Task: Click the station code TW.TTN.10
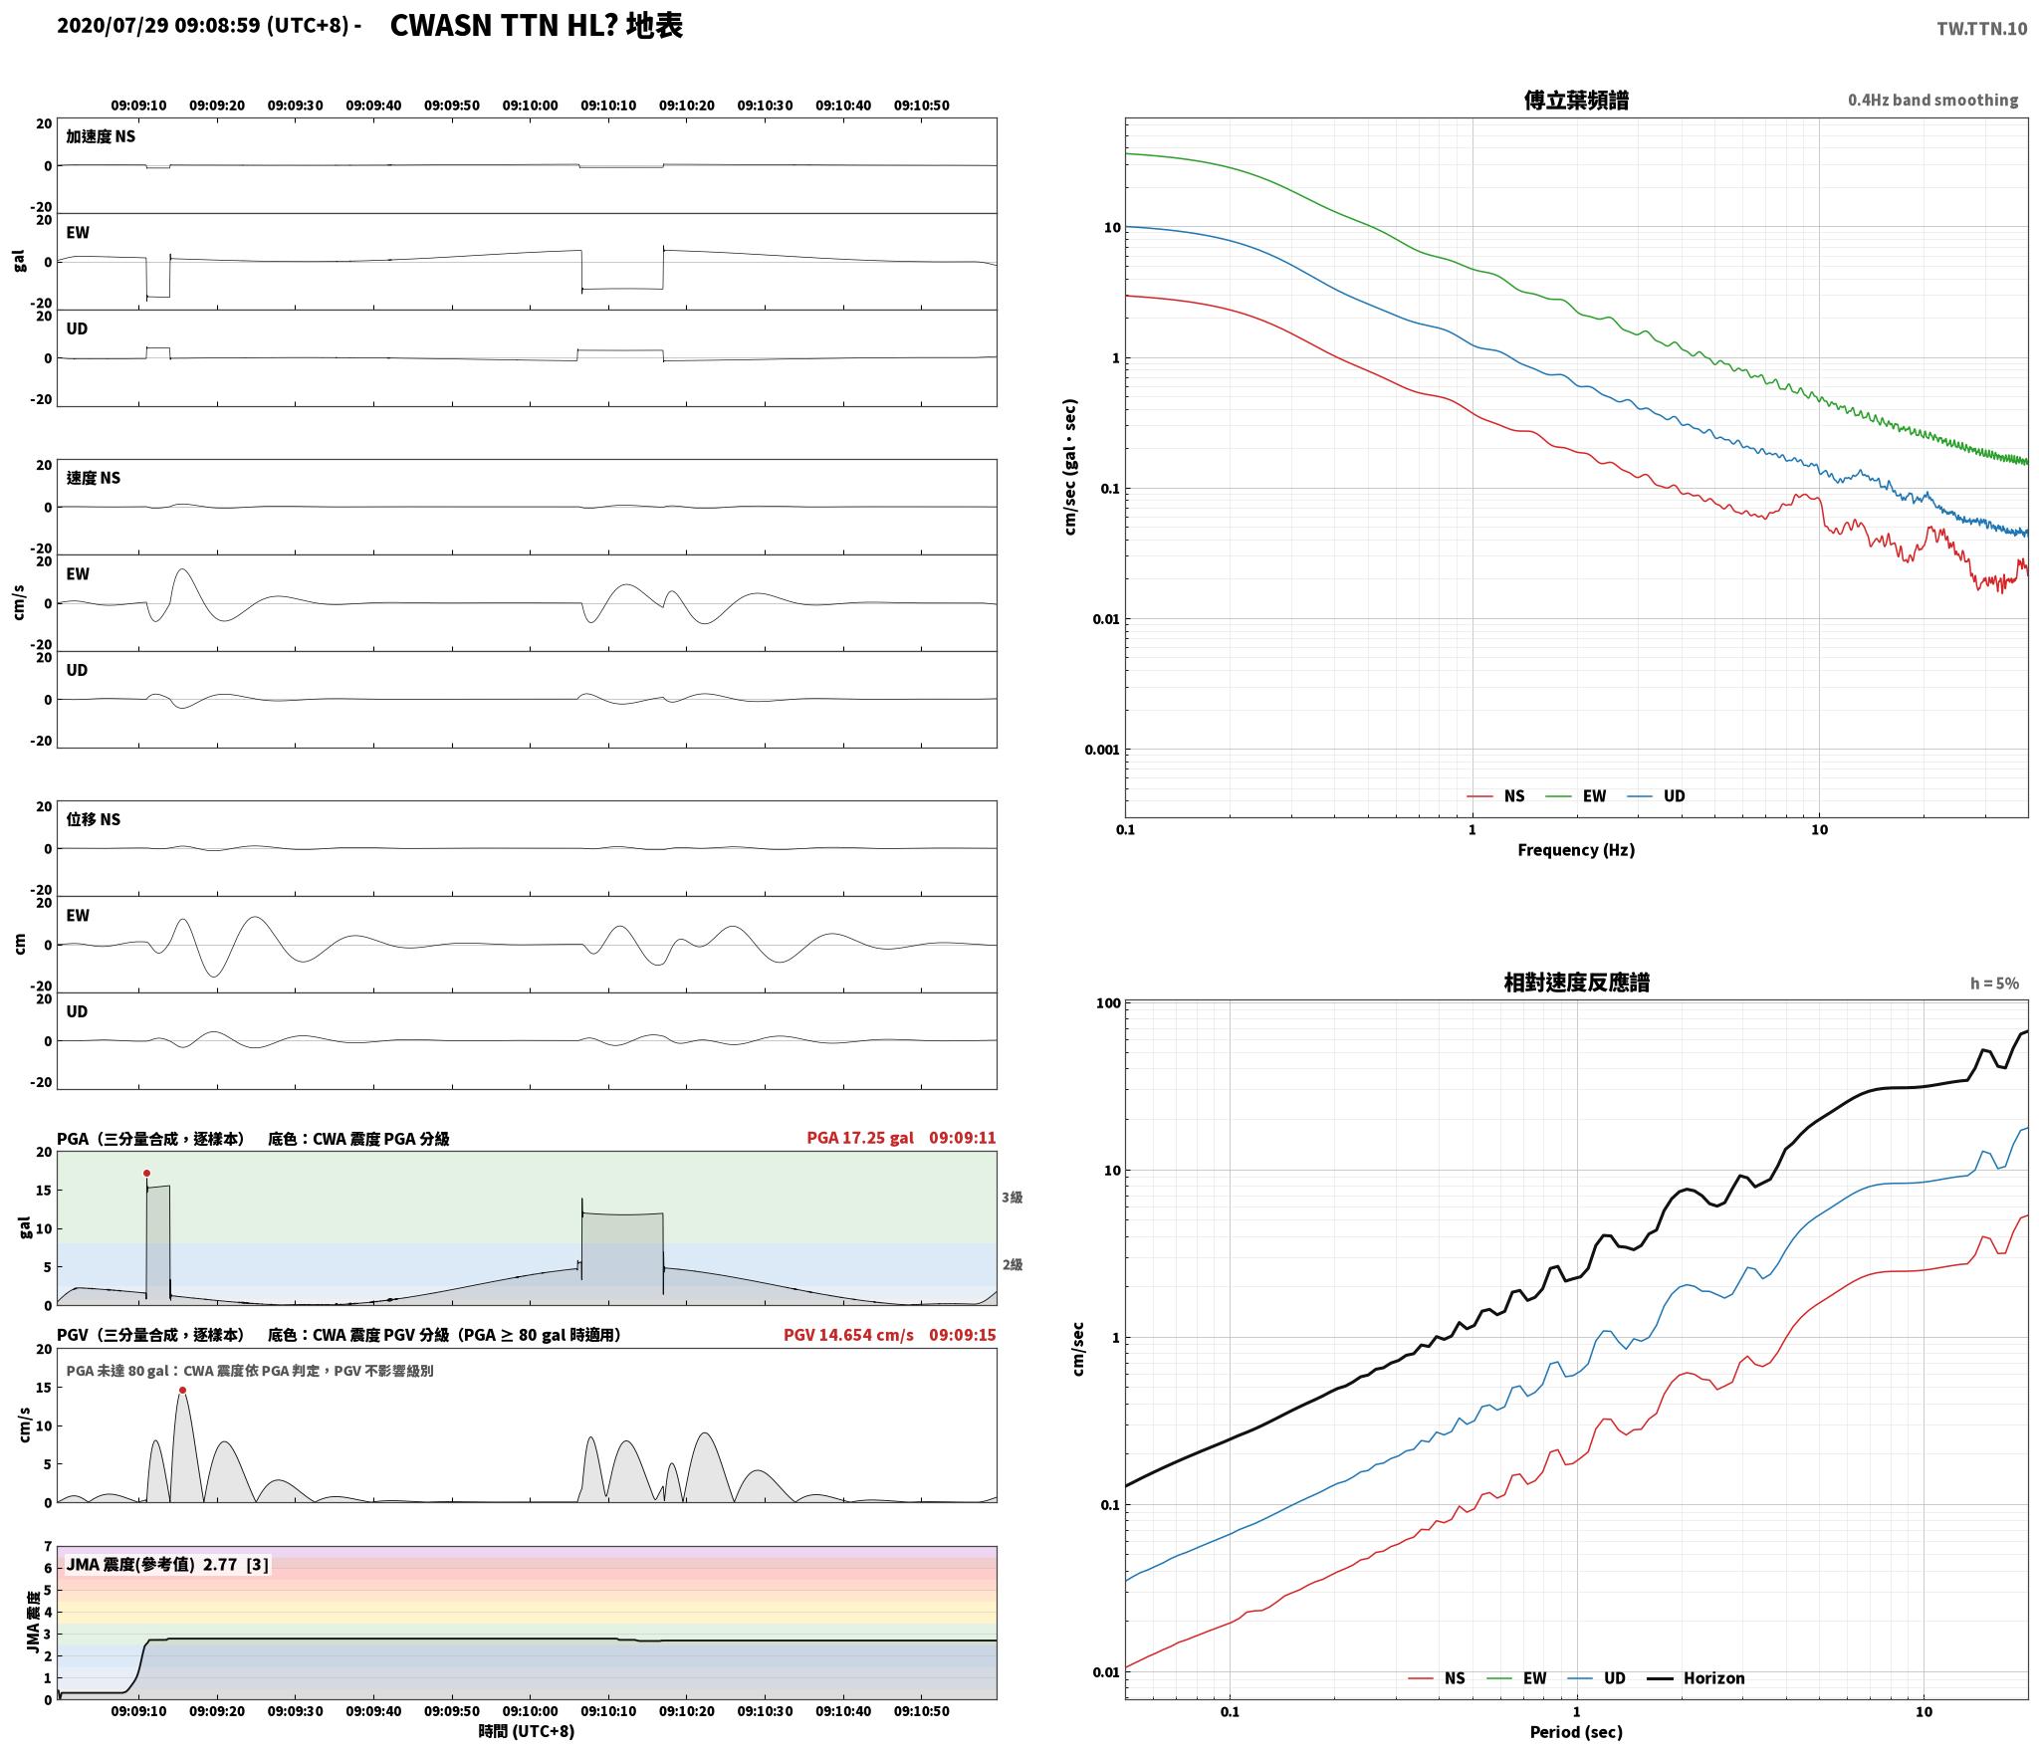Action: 1981,29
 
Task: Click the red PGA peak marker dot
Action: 146,1173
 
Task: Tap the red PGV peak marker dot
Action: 182,1390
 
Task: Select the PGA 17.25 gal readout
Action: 860,1138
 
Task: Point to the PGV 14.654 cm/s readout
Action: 848,1335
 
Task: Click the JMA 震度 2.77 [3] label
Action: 167,1564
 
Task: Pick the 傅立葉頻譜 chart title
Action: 1576,101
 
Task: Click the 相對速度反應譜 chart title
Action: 1576,983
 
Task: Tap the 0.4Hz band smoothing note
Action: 1932,101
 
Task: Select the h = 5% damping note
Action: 1994,984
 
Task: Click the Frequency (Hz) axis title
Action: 1576,850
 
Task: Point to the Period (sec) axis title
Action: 1576,1733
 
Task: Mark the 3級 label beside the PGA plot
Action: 1012,1198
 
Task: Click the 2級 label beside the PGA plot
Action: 1012,1265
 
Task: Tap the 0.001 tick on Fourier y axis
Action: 1102,750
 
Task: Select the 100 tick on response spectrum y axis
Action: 1108,1003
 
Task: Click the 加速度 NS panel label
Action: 101,136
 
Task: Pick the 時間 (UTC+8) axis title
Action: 527,1731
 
